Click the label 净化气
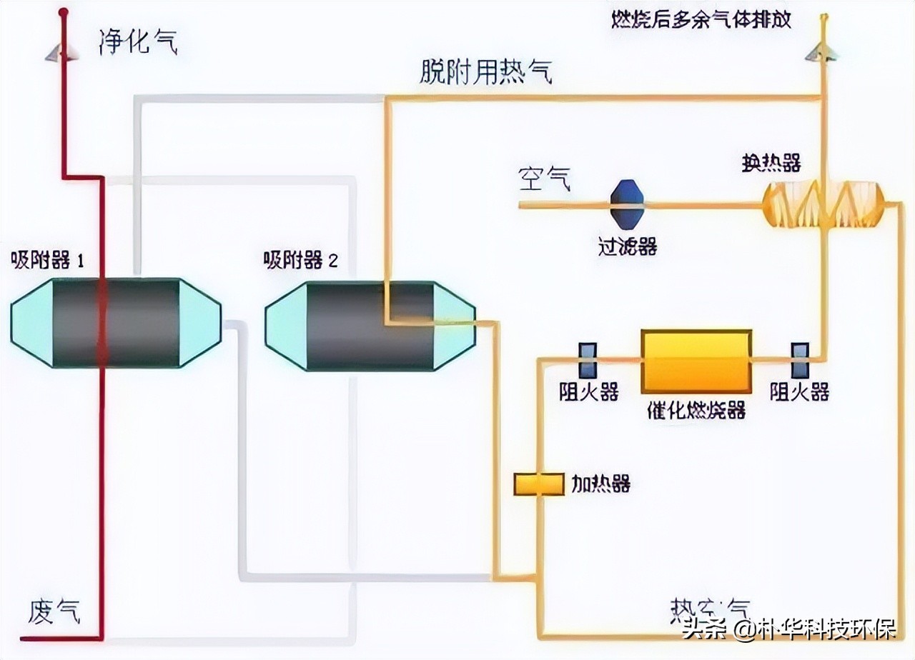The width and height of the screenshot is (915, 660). click(x=138, y=44)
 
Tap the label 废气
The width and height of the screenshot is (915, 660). click(x=54, y=612)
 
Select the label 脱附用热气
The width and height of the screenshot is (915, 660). click(x=486, y=73)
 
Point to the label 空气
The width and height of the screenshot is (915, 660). click(x=545, y=180)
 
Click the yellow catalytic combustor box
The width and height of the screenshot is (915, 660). click(x=696, y=361)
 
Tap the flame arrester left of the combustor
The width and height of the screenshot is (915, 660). click(x=588, y=361)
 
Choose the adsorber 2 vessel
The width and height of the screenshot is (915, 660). click(x=370, y=326)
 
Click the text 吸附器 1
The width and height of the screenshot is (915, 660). click(x=47, y=260)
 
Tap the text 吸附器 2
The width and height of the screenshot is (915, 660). click(x=300, y=260)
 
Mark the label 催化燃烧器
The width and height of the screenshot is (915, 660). click(x=696, y=410)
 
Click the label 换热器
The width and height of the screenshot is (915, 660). click(x=771, y=163)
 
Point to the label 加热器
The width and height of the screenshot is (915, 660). click(x=600, y=484)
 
